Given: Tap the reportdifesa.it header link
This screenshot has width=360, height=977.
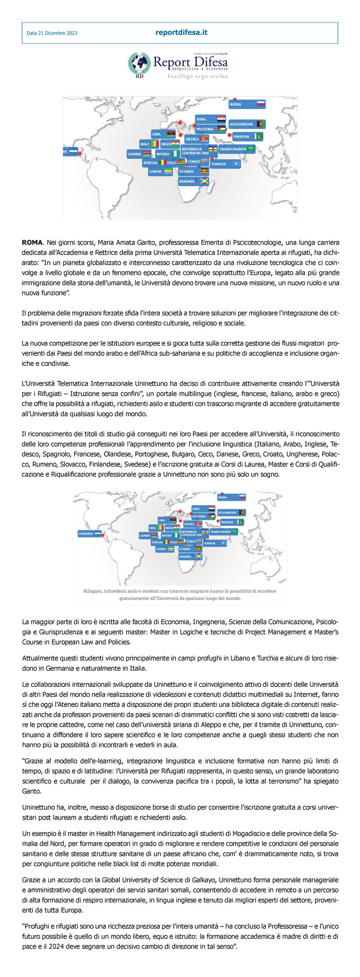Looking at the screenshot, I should point(181,32).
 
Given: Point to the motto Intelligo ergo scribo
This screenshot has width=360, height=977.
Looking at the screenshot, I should point(197,76).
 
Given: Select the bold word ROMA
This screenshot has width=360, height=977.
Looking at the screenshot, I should point(32,241).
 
